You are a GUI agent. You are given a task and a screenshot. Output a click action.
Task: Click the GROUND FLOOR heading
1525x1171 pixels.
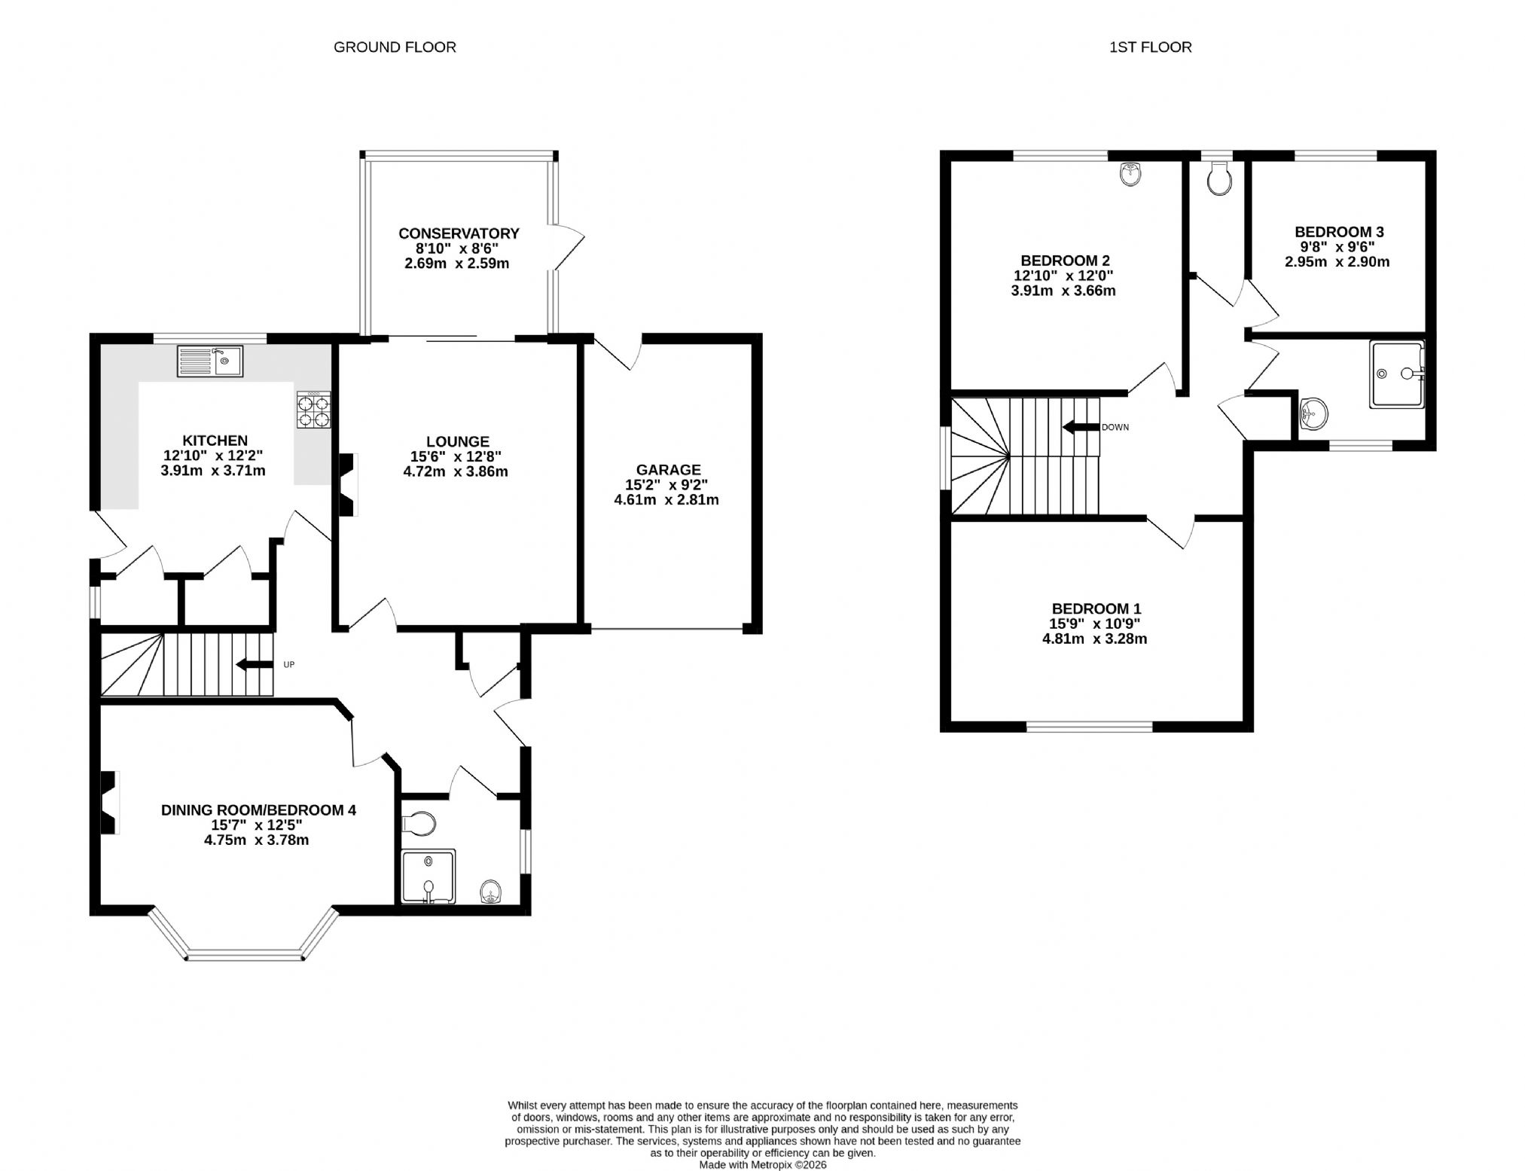(x=395, y=47)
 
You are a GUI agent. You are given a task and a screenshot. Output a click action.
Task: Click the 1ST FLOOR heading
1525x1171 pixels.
(x=1150, y=47)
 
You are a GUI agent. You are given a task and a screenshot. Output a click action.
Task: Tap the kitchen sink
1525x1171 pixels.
(x=210, y=361)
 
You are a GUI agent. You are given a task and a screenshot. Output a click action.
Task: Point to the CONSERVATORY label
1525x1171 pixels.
(x=459, y=233)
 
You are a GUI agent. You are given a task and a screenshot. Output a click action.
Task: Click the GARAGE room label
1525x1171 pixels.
(x=669, y=470)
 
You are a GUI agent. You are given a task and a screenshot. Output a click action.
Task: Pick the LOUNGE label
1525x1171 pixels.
(x=458, y=442)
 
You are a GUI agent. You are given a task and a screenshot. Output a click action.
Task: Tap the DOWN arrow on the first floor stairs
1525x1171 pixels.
(x=1080, y=427)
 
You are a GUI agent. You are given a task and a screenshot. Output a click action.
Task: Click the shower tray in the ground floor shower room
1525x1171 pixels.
(x=429, y=876)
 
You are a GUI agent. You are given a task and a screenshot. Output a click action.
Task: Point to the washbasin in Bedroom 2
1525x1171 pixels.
(x=1130, y=174)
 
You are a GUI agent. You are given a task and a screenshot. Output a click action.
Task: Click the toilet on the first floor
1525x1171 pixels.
(x=1219, y=179)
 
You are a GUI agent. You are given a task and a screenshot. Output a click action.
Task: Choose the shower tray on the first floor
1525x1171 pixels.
(x=1398, y=374)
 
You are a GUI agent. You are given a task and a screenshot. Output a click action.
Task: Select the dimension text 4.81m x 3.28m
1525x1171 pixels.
(x=1094, y=639)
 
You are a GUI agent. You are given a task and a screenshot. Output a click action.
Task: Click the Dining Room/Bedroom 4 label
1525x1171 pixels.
(x=258, y=810)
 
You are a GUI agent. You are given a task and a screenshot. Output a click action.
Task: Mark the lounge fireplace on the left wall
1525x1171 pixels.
(x=347, y=484)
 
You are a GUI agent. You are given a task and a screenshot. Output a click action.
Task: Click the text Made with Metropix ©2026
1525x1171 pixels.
(x=763, y=1164)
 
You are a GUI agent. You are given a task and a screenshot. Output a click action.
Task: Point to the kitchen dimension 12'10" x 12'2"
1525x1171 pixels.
(x=213, y=456)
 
